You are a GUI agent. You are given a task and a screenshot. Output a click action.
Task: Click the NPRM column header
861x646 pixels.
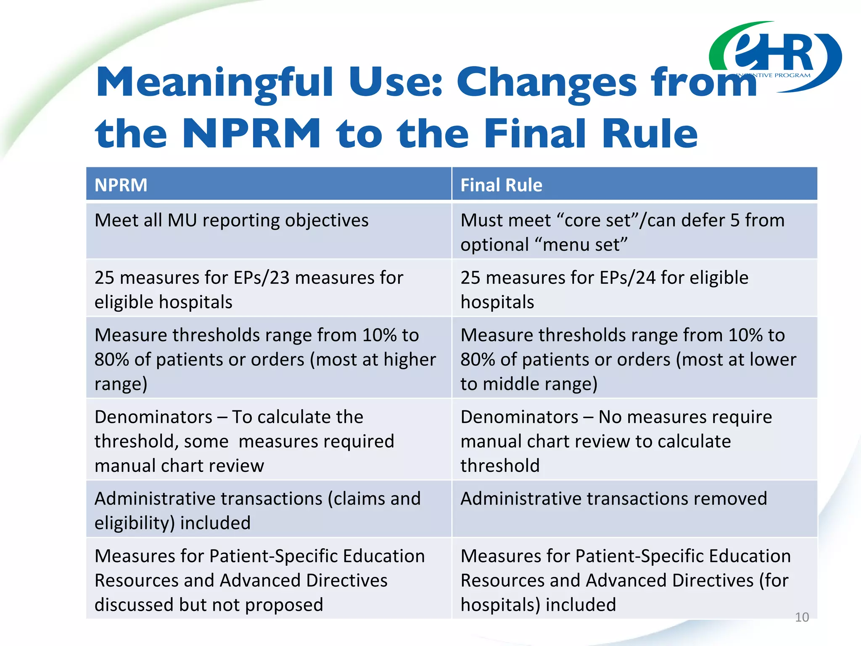[x=121, y=185]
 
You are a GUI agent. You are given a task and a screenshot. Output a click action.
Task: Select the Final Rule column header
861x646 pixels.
[x=501, y=185]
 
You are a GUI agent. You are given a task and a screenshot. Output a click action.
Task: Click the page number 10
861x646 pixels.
[x=802, y=617]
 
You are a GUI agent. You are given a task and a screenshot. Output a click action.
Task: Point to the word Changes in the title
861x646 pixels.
[x=547, y=83]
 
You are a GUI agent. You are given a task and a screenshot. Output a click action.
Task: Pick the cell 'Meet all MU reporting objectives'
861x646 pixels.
[x=231, y=220]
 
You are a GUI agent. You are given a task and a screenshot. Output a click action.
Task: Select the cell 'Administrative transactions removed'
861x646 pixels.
[x=613, y=499]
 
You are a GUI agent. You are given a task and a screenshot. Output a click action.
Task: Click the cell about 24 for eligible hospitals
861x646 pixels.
[x=604, y=289]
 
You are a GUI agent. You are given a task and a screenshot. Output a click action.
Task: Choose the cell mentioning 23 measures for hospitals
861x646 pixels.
[x=248, y=289]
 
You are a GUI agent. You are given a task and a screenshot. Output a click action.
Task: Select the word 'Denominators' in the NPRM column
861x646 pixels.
[x=153, y=417]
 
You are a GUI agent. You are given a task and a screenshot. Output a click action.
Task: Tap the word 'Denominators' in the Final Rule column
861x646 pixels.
[x=519, y=417]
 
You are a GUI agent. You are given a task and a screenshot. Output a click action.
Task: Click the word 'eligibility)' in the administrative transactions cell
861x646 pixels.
[x=135, y=523]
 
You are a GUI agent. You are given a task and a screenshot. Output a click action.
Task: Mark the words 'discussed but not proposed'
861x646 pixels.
[x=209, y=605]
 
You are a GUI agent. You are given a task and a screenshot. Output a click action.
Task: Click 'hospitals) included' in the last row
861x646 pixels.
[x=538, y=605]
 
